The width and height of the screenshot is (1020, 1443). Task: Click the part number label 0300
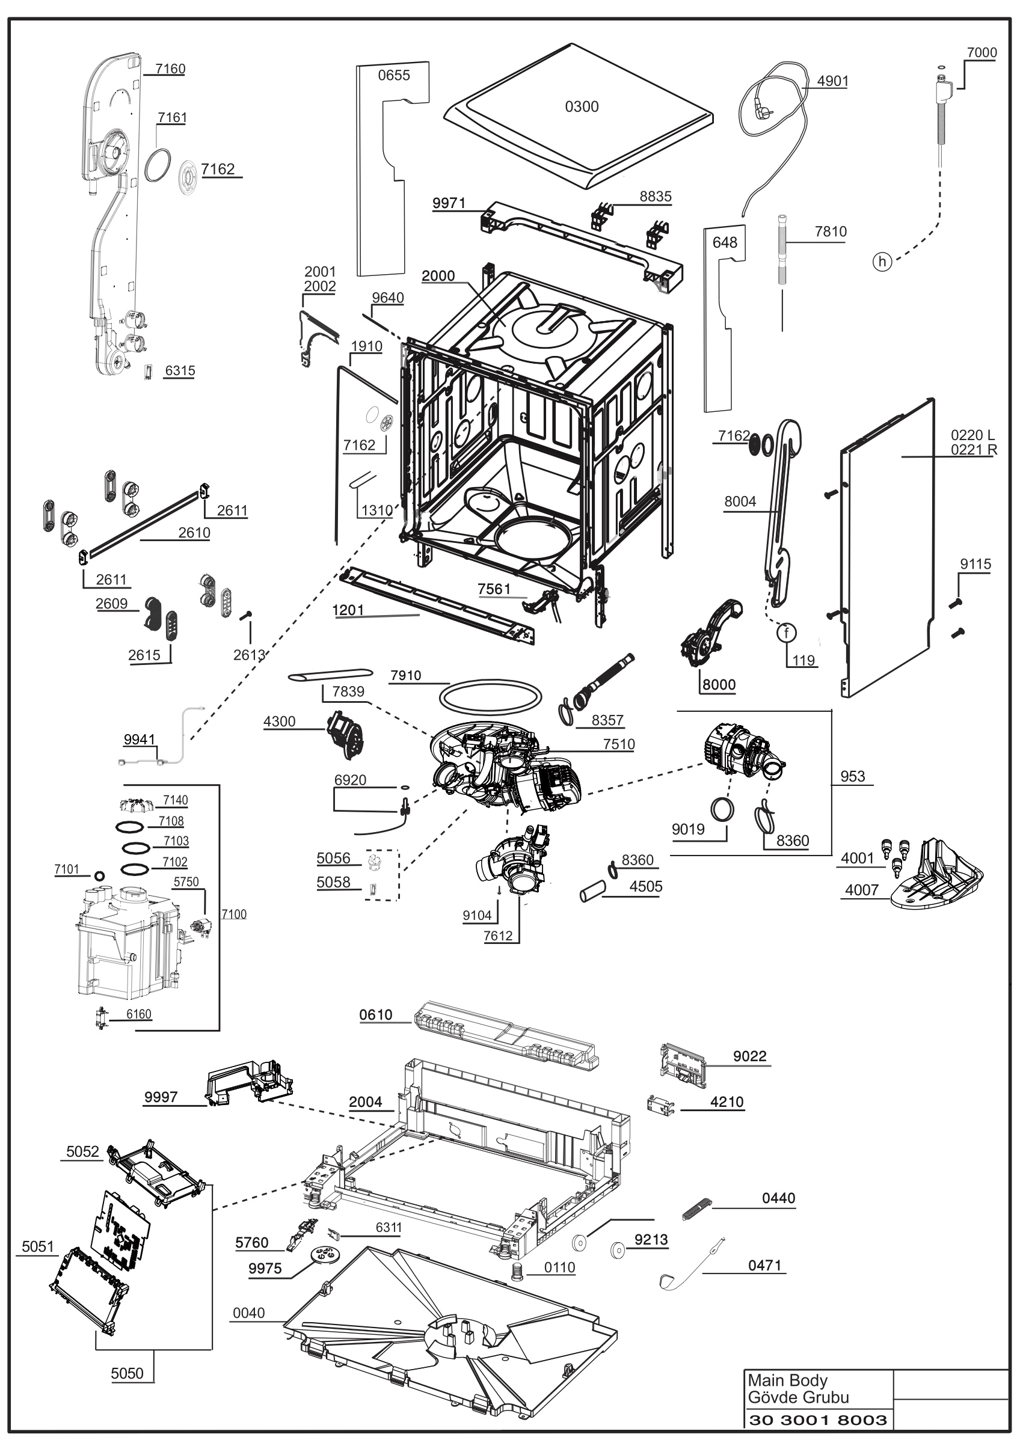pos(582,107)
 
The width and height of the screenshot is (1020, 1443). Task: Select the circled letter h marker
pos(882,262)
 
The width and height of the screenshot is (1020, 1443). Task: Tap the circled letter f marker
pos(787,633)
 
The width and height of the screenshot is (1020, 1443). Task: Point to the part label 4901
pos(833,81)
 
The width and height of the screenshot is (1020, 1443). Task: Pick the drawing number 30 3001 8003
pos(819,1419)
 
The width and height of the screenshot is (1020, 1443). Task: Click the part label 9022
pos(750,1056)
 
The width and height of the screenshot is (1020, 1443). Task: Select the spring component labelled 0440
pos(697,1209)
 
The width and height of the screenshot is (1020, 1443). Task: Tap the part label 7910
pos(406,676)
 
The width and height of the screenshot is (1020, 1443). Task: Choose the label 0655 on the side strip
pos(394,75)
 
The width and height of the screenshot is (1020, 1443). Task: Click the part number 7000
pos(982,53)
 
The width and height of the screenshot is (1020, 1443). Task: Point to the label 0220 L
pos(972,435)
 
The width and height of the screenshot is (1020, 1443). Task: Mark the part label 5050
pos(127,1374)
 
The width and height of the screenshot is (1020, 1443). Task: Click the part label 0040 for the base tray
pos(249,1313)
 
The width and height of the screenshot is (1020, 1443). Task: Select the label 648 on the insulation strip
pos(725,242)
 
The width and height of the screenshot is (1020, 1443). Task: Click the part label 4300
pos(280,721)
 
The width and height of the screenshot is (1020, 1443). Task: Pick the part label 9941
pos(140,740)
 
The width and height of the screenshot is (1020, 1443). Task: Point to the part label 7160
pos(170,69)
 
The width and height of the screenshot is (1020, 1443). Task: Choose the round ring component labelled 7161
pos(158,166)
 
